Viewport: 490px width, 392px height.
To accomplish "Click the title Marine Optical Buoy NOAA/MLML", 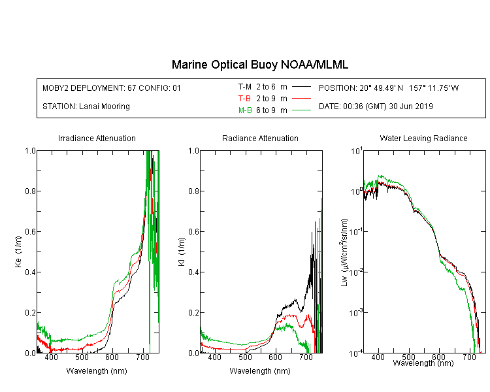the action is (x=259, y=65).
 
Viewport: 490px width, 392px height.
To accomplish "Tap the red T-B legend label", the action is (x=244, y=99).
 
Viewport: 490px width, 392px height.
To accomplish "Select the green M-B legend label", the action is (x=245, y=110).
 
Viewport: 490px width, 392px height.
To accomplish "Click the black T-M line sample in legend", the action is (x=301, y=87).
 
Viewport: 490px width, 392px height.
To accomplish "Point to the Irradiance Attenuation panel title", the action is (x=97, y=138).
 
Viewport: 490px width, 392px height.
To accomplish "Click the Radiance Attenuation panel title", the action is (x=260, y=138).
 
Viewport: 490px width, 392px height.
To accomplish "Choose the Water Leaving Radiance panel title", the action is (x=423, y=138).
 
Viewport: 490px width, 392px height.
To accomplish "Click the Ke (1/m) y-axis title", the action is (x=18, y=252).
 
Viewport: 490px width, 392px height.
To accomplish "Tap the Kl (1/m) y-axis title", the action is (x=182, y=252).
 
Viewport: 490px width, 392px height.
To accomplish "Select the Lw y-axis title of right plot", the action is (x=344, y=252).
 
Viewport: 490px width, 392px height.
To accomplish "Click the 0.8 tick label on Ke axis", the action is (x=30, y=191).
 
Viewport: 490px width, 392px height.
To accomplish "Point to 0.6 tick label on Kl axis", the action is (x=193, y=232).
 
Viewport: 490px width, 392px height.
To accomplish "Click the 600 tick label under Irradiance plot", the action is (x=112, y=357).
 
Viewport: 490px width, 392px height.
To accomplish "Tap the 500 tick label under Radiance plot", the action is (x=245, y=357).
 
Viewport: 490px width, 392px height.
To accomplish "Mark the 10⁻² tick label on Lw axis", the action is (x=356, y=272).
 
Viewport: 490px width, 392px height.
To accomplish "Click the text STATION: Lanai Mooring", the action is (x=86, y=106).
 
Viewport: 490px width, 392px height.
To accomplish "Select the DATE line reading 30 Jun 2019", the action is (x=376, y=106).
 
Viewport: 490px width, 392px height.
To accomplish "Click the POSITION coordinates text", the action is (x=389, y=88).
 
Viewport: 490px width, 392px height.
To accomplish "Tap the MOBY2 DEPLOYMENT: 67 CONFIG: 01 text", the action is (x=112, y=88).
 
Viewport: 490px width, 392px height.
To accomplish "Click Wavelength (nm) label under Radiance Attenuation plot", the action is (x=260, y=371).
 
